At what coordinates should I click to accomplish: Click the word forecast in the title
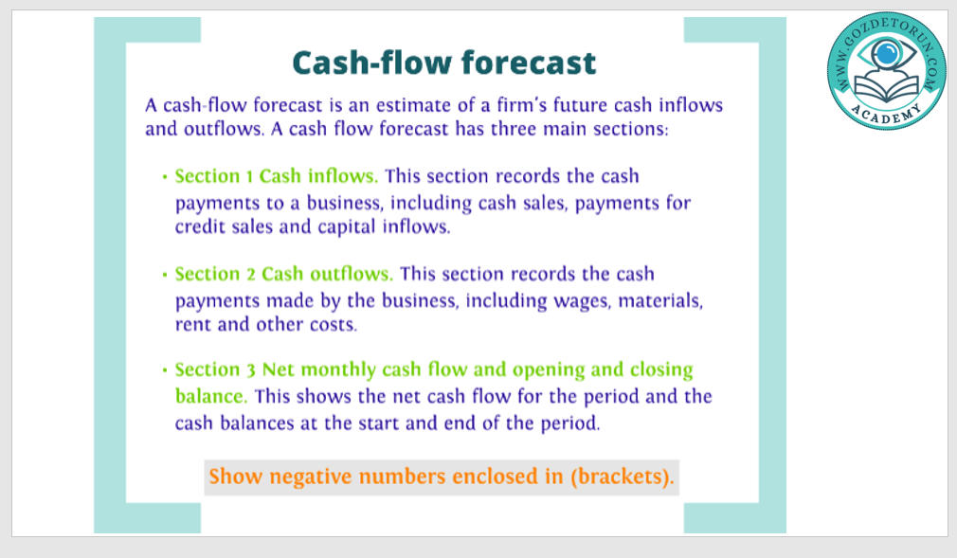529,63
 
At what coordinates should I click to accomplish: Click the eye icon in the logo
886,54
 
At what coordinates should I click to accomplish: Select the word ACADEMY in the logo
886,115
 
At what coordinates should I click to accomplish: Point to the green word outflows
351,274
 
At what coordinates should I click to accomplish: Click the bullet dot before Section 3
165,370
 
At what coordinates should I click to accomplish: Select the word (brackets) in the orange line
622,477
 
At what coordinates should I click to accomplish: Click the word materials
660,300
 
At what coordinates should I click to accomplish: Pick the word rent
193,324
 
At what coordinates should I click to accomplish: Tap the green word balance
210,396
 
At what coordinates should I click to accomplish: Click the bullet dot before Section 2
165,275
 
